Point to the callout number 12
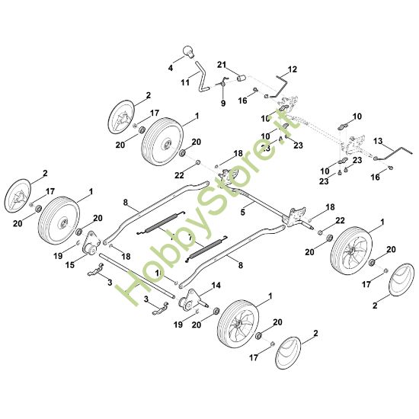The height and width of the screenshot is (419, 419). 293,69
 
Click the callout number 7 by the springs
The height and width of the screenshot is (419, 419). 190,237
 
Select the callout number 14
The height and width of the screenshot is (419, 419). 216,285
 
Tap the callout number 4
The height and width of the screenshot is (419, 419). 171,68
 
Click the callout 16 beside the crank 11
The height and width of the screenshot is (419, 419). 242,99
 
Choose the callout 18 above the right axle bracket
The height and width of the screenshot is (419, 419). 330,206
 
